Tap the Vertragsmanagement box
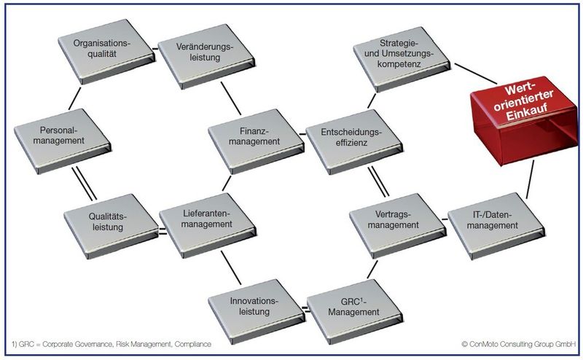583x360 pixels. (395, 219)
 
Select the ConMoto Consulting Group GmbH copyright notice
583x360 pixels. (518, 343)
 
